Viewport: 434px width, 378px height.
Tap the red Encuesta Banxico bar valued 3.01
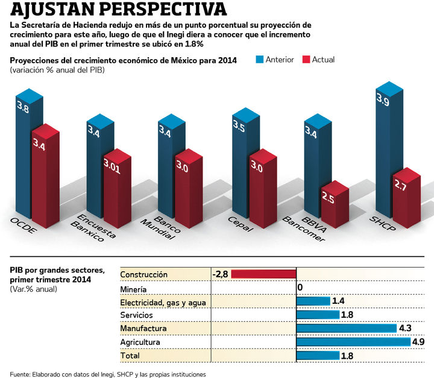115,187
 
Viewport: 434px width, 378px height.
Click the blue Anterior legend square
260,60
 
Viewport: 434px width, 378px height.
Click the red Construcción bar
263,274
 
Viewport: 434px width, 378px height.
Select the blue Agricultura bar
353,342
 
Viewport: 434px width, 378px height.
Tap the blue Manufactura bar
347,329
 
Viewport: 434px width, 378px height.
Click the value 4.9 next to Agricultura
418,342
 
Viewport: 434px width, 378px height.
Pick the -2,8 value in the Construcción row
221,274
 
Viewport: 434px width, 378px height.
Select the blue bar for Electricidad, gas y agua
313,301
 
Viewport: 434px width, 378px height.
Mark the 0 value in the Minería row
300,288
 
